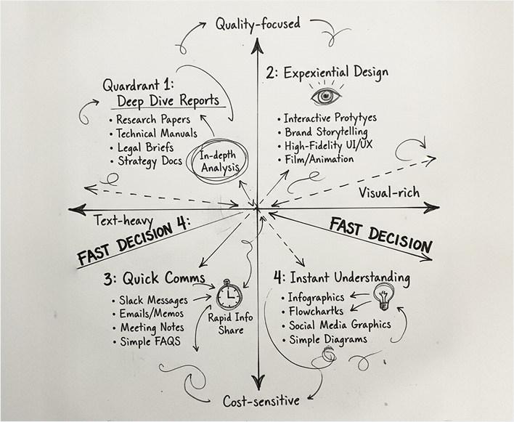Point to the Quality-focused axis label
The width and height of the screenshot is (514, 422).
257,23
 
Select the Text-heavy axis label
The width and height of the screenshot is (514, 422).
123,217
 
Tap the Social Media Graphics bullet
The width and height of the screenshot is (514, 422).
339,325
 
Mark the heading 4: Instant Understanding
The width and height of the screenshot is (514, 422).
342,277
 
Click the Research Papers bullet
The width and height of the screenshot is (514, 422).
153,119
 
